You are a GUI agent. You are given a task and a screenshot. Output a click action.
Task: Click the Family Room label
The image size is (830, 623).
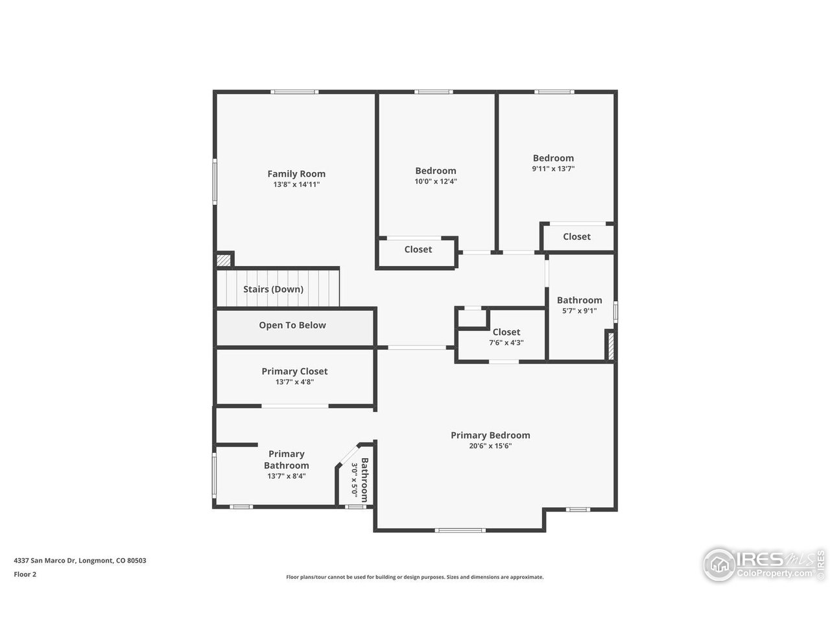296,174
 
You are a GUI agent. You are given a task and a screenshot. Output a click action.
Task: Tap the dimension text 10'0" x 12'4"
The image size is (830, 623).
436,182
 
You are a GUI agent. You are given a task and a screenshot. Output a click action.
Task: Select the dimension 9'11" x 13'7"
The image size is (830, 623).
553,169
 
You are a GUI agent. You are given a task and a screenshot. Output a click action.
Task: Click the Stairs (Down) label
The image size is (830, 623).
273,289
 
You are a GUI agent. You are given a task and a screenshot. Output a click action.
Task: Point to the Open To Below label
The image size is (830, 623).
292,325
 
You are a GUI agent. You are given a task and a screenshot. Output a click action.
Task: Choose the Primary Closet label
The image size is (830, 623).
294,371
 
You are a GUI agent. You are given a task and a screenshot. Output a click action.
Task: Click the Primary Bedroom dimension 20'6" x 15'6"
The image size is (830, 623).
490,446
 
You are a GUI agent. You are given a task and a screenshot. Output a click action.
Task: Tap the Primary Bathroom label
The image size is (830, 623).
286,459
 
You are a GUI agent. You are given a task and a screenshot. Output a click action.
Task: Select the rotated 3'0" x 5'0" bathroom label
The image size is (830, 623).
359,479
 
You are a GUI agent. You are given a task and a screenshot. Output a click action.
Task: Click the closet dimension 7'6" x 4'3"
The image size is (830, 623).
506,343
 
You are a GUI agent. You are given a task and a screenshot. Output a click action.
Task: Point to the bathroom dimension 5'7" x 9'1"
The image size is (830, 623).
579,311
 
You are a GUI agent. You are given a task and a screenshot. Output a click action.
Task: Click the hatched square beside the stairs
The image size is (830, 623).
224,260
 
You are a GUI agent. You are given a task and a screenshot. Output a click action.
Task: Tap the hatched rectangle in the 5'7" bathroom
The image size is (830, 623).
610,345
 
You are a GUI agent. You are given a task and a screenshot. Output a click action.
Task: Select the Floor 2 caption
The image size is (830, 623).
25,574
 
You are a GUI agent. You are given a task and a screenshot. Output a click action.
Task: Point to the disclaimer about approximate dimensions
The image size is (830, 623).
415,577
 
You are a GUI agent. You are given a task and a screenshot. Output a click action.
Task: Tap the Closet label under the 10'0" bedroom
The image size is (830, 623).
418,249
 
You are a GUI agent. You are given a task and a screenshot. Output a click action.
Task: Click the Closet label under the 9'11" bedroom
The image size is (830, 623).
576,237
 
